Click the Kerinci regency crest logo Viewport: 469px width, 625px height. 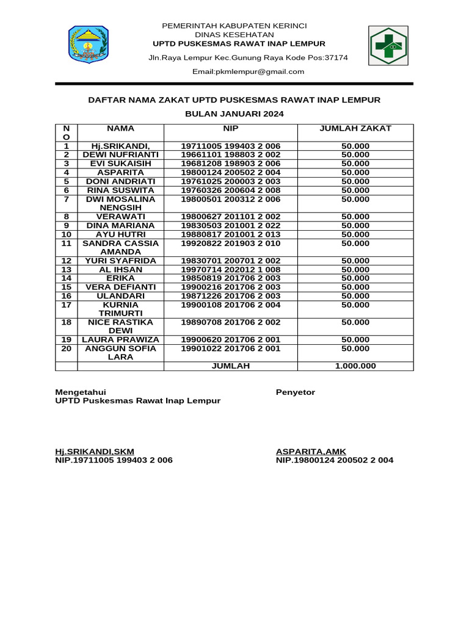87,45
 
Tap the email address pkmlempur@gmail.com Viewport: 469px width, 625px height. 248,71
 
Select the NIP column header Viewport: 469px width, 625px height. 230,129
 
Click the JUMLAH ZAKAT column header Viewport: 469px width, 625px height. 355,129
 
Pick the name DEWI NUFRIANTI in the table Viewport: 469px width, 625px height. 120,155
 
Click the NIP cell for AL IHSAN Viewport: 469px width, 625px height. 230,269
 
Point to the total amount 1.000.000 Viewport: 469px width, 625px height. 355,366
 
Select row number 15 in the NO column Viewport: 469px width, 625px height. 67,287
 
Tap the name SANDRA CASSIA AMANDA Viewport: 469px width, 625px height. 120,247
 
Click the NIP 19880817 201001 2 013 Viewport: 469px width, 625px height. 230,234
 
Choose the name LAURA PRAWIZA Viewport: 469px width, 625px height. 120,339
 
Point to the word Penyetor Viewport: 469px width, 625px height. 296,392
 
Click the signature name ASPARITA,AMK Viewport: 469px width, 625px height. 311,452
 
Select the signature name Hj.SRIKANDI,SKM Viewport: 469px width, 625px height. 95,452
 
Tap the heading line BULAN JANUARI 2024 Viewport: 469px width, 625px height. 234,114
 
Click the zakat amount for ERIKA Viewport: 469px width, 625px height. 355,278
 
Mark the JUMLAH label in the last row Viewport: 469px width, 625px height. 230,366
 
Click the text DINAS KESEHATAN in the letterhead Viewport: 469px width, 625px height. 234,35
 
